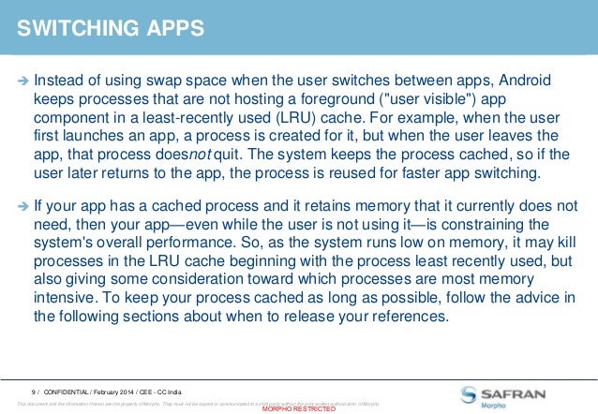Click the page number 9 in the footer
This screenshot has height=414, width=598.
[33, 391]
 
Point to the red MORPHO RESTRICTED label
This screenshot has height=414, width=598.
[298, 409]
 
